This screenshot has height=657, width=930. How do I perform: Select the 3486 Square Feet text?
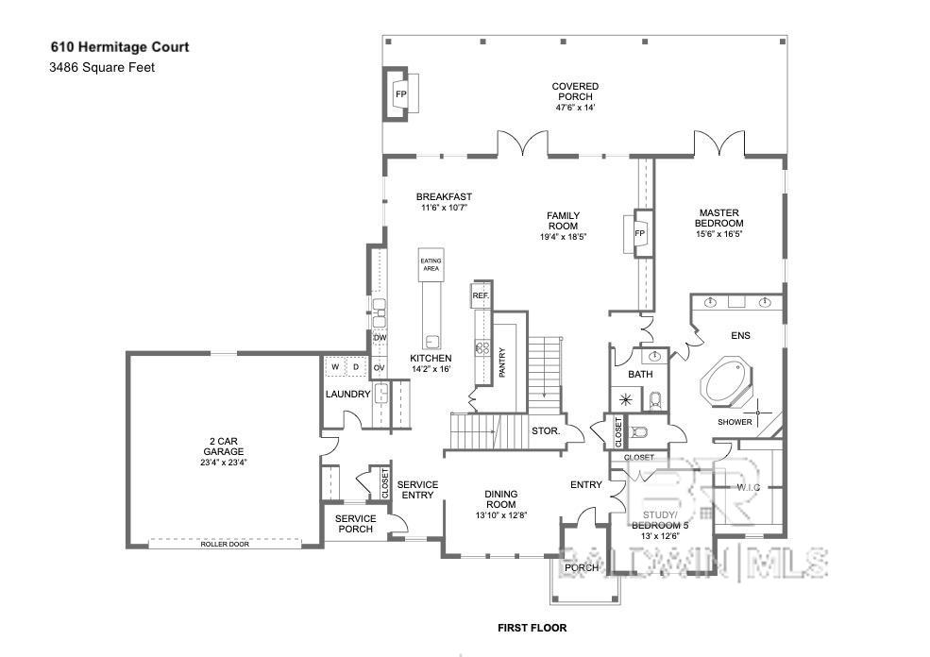pos(102,67)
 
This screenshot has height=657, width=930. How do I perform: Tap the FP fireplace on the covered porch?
pos(400,95)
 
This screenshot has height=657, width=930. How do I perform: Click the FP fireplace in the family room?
pos(639,233)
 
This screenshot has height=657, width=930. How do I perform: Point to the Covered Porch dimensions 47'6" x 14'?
pos(575,108)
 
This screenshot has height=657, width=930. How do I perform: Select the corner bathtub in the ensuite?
pos(725,383)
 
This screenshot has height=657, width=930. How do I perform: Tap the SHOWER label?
pos(735,422)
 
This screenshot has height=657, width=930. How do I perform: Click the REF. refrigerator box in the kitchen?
pos(479,296)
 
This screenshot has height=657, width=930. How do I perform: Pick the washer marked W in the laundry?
pos(334,367)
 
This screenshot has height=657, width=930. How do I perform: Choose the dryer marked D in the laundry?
pos(356,367)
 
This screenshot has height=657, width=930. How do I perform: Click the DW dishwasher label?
pos(380,338)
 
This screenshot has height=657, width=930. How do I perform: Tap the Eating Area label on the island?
pos(431,265)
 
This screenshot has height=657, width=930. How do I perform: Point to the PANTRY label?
pos(502,363)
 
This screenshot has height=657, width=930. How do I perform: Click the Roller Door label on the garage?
pos(225,545)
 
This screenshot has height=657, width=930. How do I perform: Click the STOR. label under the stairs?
pos(546,431)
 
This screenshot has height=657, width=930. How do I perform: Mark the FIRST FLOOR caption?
pos(532,627)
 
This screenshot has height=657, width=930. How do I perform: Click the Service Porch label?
pos(356,524)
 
